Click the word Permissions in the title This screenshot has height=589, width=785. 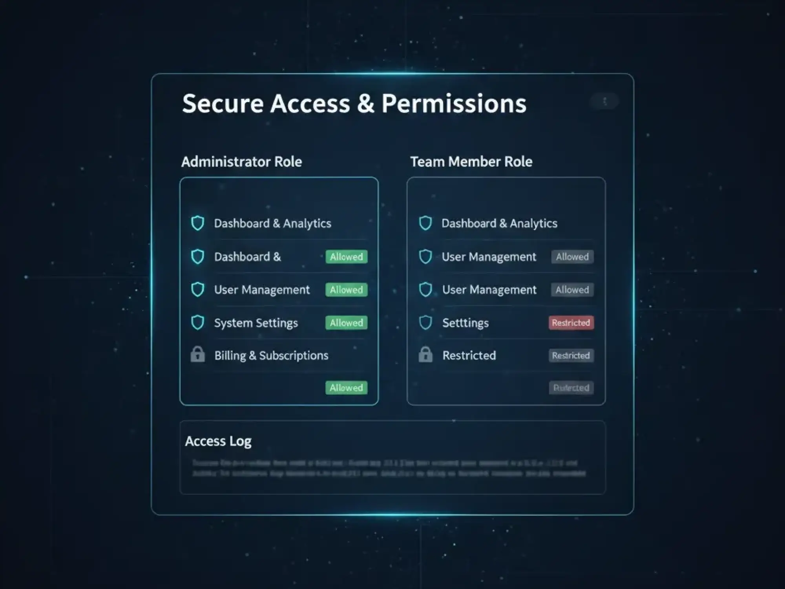[x=454, y=104]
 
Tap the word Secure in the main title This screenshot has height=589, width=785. [x=223, y=104]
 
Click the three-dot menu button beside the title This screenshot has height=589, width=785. [x=604, y=101]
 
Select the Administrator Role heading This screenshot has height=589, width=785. [x=241, y=162]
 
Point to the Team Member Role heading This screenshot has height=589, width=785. [x=471, y=162]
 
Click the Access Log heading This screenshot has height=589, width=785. [x=218, y=441]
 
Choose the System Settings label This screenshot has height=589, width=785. [x=256, y=323]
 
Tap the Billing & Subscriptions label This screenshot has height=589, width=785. [x=271, y=355]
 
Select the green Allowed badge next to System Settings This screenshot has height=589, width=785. [x=346, y=323]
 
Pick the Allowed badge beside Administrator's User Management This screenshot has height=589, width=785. [x=346, y=290]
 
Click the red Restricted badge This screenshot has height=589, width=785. [x=571, y=323]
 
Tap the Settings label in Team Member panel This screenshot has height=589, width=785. [x=466, y=323]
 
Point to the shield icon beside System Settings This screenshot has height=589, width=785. [x=197, y=322]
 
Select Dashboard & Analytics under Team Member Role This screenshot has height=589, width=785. [x=499, y=223]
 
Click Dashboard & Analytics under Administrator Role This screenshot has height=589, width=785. [x=272, y=223]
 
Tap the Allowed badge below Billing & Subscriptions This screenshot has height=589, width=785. [x=346, y=388]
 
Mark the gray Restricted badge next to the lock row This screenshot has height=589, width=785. [x=571, y=355]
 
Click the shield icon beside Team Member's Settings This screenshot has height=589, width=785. [x=425, y=322]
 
